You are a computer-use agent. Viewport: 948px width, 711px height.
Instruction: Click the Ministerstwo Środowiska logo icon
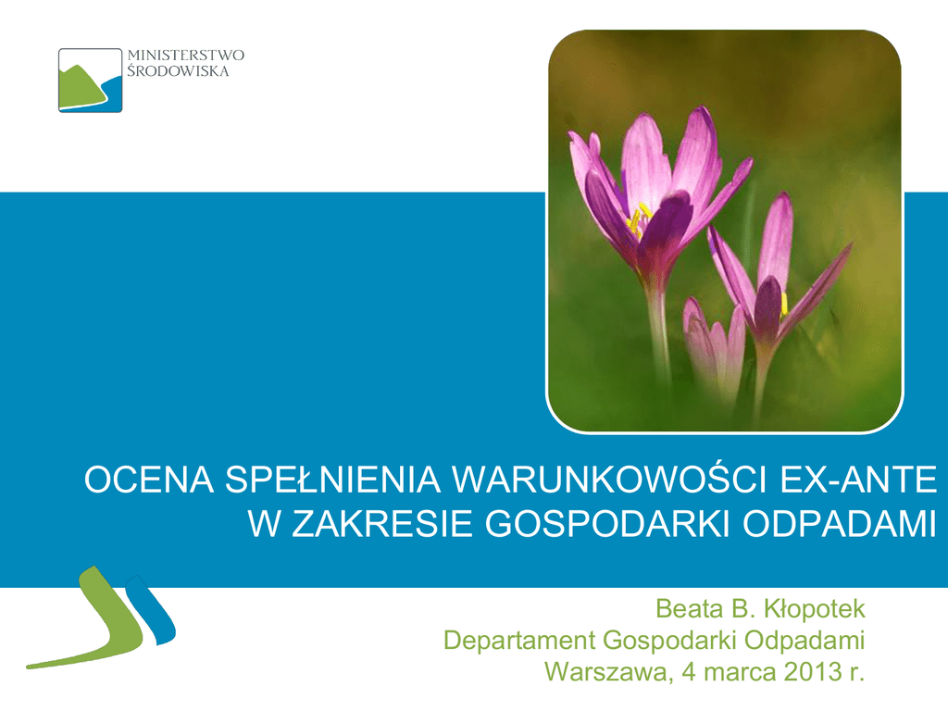click(x=90, y=81)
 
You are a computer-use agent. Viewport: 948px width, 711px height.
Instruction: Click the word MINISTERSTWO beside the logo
click(x=185, y=56)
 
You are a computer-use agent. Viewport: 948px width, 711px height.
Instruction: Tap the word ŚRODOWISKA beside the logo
click(x=178, y=71)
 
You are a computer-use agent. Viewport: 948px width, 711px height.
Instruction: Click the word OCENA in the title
click(x=149, y=480)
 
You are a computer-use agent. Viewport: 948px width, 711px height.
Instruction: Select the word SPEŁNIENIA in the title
click(x=333, y=480)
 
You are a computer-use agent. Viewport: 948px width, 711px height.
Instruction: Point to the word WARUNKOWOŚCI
click(x=610, y=480)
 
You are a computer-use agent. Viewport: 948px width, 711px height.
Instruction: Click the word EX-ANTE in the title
click(x=858, y=480)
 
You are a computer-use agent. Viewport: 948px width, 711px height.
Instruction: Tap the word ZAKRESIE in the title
click(x=382, y=524)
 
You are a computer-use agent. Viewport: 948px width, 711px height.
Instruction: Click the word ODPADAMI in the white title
click(x=840, y=524)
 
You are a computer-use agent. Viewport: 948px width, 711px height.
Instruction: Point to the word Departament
click(x=519, y=641)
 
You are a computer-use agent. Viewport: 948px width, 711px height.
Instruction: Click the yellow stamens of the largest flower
click(x=639, y=219)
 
